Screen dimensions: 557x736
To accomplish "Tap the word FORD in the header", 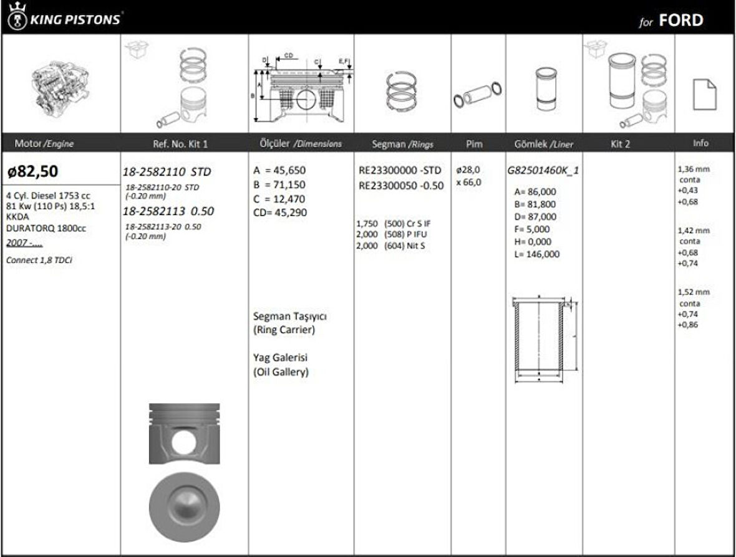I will [680, 21].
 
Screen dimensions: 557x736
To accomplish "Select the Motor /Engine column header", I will [44, 143].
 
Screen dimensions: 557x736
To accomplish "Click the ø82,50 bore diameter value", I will [33, 171].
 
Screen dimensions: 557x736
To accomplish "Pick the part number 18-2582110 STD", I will [167, 172].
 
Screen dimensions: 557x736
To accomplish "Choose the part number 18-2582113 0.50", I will [168, 211].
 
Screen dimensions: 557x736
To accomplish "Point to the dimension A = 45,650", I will [279, 170].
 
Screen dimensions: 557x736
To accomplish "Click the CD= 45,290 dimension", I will [279, 212].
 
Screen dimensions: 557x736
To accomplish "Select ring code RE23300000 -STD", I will [400, 169].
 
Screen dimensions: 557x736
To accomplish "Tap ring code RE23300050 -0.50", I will [401, 185].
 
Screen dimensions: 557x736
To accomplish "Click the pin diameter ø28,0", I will [469, 169].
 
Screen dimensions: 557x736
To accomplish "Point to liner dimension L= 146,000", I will [536, 254].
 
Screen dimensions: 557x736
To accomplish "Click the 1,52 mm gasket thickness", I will [694, 292].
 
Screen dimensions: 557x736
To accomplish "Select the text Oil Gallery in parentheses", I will [281, 373].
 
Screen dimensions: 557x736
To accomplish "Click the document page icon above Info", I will [704, 95].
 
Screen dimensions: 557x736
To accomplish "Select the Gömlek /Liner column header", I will [543, 144].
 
